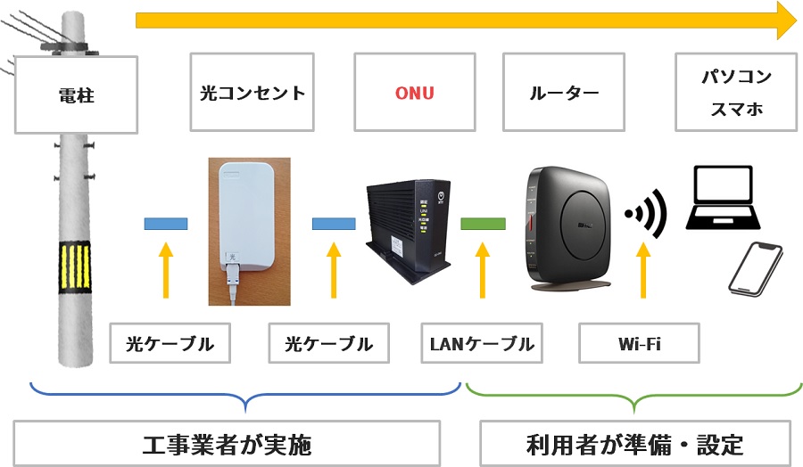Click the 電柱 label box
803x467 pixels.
[x=76, y=95]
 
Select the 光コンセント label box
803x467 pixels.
[x=252, y=93]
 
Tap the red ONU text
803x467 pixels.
[x=415, y=93]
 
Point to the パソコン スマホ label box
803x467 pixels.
[x=735, y=94]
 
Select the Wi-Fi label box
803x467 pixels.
[x=639, y=344]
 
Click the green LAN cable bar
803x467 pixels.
[x=483, y=223]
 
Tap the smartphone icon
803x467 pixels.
[x=755, y=267]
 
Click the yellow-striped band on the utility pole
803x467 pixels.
[x=75, y=266]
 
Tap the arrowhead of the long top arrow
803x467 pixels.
[x=785, y=20]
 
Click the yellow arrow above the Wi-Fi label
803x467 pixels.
[x=642, y=272]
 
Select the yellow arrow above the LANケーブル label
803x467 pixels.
[x=483, y=272]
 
